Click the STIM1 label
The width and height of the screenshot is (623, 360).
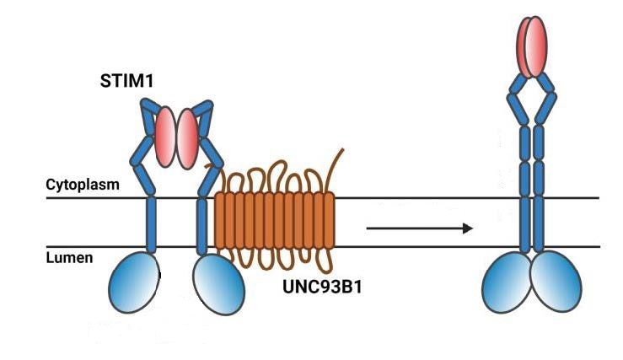pos(126,83)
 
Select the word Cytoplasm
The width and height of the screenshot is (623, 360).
pos(82,183)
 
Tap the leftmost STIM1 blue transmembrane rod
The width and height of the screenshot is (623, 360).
pos(151,224)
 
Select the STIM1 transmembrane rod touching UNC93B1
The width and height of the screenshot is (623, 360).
pos(202,224)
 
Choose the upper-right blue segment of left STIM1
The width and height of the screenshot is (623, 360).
pos(203,116)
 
